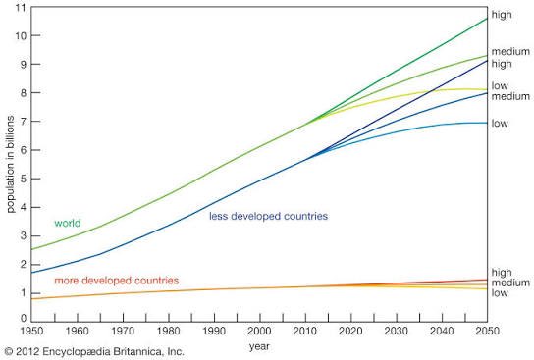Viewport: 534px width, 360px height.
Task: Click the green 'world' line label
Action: point(67,223)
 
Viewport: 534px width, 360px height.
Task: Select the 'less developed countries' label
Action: point(268,216)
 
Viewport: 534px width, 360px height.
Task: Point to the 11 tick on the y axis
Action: point(20,7)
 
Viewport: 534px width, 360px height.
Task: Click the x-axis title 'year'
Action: point(259,346)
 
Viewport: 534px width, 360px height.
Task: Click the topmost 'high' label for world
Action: point(502,15)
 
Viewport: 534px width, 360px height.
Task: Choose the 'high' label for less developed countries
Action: point(502,64)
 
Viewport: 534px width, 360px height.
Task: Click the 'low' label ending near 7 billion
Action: point(500,124)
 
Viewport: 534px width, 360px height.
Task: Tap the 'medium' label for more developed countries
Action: point(508,283)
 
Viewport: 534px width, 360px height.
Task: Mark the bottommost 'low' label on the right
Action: point(500,293)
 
